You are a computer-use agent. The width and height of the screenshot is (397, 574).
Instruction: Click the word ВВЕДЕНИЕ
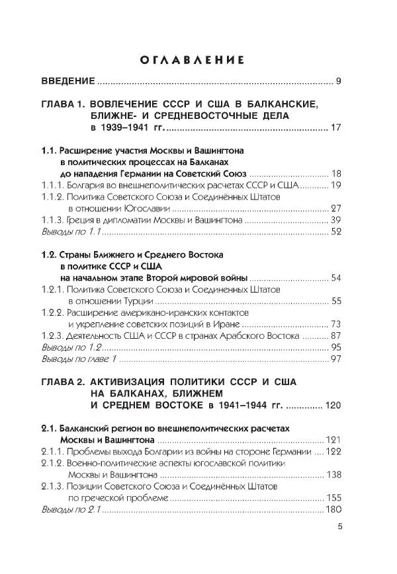click(69, 82)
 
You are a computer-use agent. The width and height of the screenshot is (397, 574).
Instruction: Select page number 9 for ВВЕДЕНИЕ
click(338, 82)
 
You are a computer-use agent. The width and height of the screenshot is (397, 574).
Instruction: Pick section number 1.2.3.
click(54, 336)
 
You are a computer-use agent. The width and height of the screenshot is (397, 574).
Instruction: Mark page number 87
click(335, 336)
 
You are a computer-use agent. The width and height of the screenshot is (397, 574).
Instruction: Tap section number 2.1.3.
click(54, 486)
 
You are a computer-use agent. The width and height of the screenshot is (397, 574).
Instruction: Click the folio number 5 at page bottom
click(339, 526)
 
